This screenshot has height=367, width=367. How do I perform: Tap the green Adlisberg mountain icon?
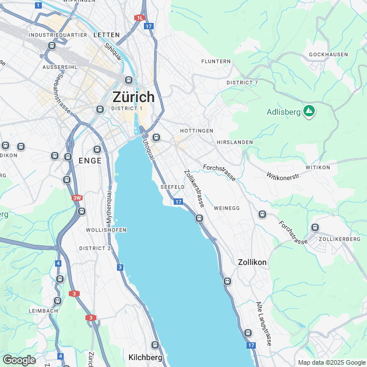pos(309,111)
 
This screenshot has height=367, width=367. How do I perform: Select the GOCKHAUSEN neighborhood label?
pos(328,54)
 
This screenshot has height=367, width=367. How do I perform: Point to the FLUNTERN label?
pos(216,61)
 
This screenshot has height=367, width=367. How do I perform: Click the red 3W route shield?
pos(77,198)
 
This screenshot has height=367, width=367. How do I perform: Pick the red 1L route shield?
pos(139,18)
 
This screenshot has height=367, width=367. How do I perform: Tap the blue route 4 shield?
pos(58,263)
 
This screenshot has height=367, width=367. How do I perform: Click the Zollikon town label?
pos(252,262)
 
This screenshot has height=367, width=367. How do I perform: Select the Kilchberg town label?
pos(145,357)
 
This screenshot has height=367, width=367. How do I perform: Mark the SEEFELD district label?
pos(172,188)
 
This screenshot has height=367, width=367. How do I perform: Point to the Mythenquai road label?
pos(108,206)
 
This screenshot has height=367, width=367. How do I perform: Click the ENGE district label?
pos(90,161)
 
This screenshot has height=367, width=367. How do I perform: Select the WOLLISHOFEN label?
pos(106,230)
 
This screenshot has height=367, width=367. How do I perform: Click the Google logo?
pos(19,360)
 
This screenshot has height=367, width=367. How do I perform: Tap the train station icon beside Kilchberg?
pos(155,345)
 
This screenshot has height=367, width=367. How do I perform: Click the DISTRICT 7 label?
pos(243,83)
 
